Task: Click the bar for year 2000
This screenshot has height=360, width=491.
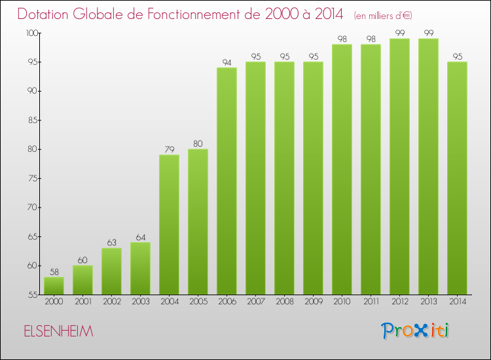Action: point(54,285)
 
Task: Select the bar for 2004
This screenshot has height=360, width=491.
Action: point(169,225)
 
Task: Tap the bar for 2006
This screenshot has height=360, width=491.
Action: point(227,181)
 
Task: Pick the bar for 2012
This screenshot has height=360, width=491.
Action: point(399,166)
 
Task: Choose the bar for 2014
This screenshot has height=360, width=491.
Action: point(457,178)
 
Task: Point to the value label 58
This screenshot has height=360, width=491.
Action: point(54,272)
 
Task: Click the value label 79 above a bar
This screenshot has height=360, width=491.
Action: point(169,149)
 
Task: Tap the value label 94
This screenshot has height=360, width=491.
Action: point(227,62)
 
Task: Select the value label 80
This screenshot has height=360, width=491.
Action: point(198,143)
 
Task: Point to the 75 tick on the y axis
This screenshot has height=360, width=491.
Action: point(30,178)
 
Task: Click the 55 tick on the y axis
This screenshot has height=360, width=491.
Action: point(30,295)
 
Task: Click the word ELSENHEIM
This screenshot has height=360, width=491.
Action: point(58,331)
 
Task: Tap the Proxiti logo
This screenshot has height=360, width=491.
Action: point(416,331)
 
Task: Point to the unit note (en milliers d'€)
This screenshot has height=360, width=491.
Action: point(383,15)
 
